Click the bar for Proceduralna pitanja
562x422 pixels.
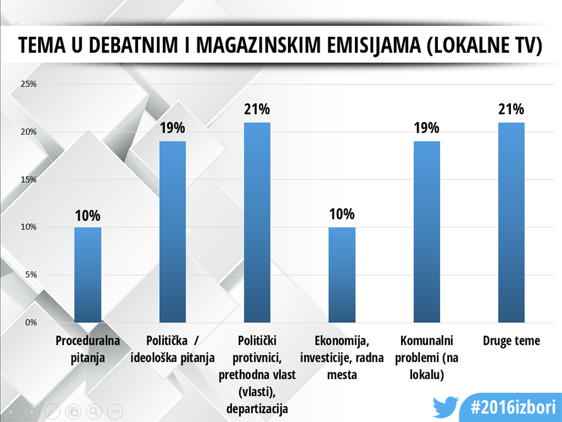tap(88, 275)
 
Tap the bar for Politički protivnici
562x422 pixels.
tap(257, 223)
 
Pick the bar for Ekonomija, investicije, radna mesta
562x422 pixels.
tap(342, 275)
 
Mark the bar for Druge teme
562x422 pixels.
tap(511, 223)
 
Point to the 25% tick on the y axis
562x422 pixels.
tap(29, 84)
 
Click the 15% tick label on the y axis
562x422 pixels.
tap(29, 179)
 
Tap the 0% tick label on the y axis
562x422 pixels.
tap(30, 322)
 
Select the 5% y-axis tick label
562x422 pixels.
tap(30, 275)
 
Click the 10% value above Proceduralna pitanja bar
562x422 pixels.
tap(88, 215)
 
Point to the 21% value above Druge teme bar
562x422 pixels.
tap(511, 110)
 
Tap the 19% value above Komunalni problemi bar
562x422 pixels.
tap(426, 129)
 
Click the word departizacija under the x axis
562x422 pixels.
tap(257, 408)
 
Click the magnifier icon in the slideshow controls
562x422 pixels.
tap(94, 411)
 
